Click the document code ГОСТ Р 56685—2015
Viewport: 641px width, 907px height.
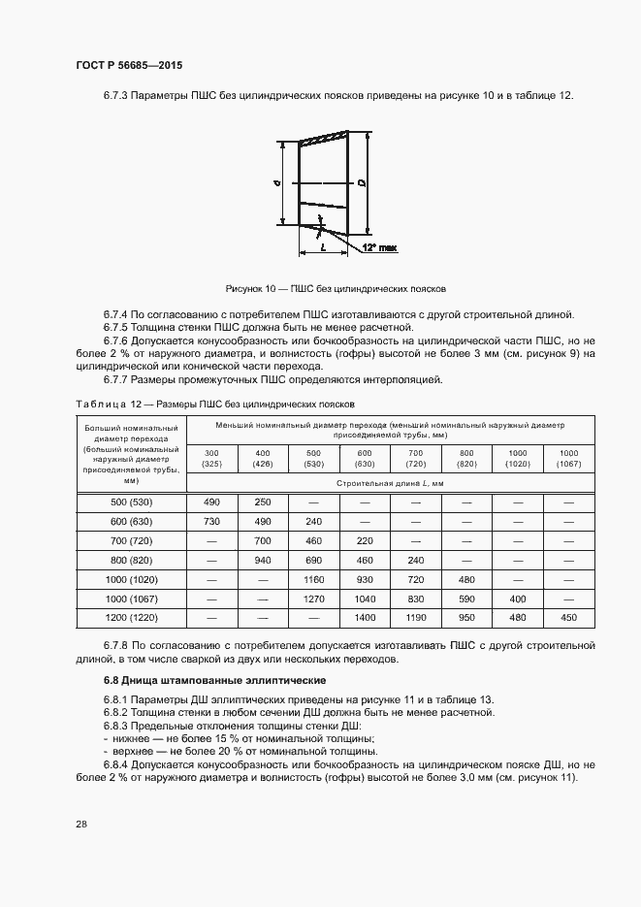click(128, 65)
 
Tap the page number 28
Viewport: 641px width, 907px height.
click(80, 824)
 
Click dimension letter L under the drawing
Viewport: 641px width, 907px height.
click(322, 248)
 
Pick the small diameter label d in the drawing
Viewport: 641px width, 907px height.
click(276, 182)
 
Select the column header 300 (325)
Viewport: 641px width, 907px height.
click(211, 458)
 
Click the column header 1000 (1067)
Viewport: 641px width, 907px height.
click(568, 458)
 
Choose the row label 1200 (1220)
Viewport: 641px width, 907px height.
click(133, 617)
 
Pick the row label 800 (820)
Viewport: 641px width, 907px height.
click(133, 560)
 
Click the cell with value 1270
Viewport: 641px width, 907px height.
click(313, 599)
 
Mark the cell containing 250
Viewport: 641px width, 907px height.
click(262, 502)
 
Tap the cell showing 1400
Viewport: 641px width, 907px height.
click(364, 617)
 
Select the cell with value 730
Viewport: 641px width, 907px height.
click(211, 521)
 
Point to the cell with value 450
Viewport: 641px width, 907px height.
click(568, 617)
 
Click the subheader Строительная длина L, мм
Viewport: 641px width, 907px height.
click(390, 482)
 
